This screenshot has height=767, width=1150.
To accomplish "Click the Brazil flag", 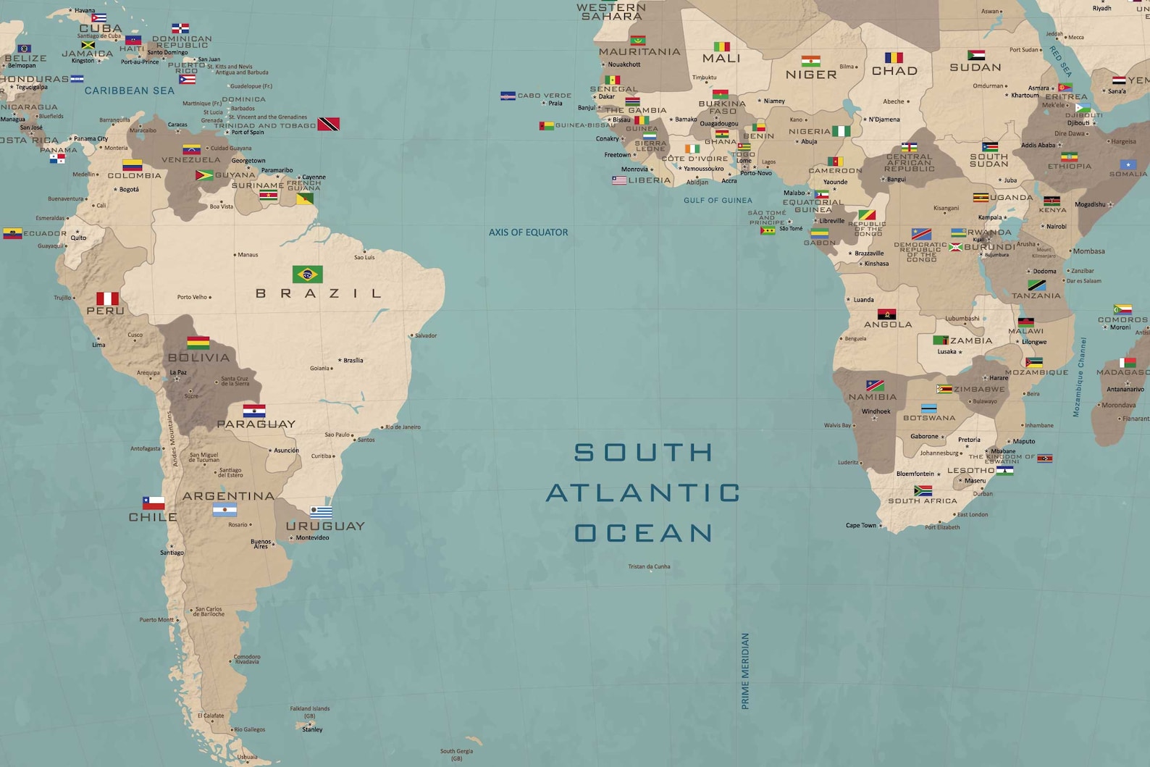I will [x=307, y=274].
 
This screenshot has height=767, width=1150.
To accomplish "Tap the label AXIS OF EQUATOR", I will [x=528, y=232].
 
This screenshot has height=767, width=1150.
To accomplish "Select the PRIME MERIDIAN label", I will [x=745, y=671].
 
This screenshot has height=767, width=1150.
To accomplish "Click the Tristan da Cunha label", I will [x=649, y=566].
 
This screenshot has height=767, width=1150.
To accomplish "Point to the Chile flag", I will [x=154, y=503].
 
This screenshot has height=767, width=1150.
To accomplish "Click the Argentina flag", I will [x=224, y=510].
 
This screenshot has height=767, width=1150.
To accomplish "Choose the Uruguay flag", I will [x=321, y=512].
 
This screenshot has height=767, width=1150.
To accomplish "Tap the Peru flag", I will [x=107, y=298].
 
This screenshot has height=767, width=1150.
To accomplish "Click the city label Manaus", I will [x=248, y=255].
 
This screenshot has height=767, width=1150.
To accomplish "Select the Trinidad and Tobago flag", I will [x=329, y=124].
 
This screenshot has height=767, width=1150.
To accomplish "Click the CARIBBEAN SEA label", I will [x=129, y=91].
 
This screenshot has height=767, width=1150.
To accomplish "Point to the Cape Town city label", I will [x=861, y=525].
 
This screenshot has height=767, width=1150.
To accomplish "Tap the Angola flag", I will [x=886, y=314].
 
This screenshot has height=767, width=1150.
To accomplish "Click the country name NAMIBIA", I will [x=872, y=397].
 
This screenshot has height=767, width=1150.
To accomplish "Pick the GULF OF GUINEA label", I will [x=718, y=201].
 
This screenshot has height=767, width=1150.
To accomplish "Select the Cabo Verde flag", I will [x=508, y=96].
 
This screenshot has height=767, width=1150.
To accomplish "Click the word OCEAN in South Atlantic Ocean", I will [x=644, y=533].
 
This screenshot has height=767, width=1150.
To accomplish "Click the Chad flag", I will [x=894, y=58].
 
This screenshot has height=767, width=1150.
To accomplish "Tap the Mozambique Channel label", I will [x=1079, y=377].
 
